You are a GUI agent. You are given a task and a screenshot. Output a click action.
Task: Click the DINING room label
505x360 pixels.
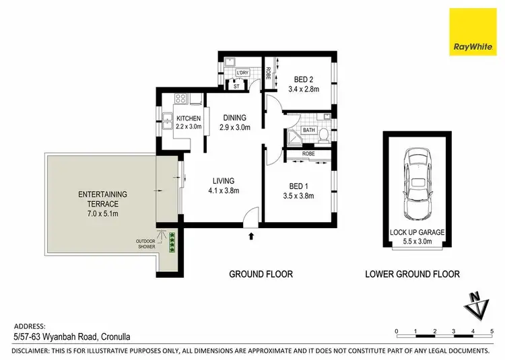click(x=234, y=116)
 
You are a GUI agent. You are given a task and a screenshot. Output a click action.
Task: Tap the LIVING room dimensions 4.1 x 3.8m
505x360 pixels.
click(x=224, y=191)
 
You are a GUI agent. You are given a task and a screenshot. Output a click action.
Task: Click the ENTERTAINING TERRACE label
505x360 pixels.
click(x=103, y=199)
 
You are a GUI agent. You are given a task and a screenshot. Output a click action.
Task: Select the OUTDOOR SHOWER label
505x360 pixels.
click(x=145, y=244)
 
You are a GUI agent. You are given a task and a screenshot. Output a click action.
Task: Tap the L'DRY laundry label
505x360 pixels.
click(x=242, y=73)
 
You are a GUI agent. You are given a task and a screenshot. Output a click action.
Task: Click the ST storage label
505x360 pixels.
click(x=236, y=85)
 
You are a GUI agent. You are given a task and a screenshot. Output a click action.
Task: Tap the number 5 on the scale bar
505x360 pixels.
click(x=493, y=331)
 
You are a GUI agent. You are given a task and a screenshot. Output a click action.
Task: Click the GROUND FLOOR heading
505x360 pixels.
click(x=261, y=274)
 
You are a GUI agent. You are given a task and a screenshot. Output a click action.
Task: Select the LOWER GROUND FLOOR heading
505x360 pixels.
click(x=412, y=274)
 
